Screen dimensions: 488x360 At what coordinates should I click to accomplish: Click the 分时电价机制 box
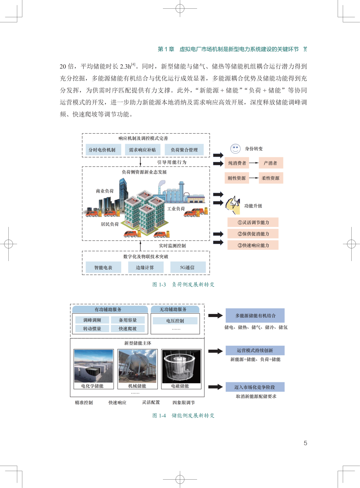pyautogui.click(x=102, y=150)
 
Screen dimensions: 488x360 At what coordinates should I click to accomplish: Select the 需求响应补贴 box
pyautogui.click(x=142, y=150)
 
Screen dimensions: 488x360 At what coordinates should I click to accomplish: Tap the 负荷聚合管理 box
pyautogui.click(x=184, y=150)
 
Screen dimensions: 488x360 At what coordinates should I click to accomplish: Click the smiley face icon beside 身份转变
pyautogui.click(x=235, y=149)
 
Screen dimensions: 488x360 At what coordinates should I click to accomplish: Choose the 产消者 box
pyautogui.click(x=270, y=163)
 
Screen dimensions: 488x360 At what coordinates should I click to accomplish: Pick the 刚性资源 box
pyautogui.click(x=237, y=178)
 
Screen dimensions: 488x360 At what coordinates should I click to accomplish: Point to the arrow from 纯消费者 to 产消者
pyautogui.click(x=254, y=163)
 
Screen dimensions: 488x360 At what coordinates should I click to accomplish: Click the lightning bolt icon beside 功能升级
pyautogui.click(x=234, y=204)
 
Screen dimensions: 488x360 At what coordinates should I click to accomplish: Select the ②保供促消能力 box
pyautogui.click(x=253, y=234)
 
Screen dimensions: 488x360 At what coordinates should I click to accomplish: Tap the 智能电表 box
pyautogui.click(x=103, y=267)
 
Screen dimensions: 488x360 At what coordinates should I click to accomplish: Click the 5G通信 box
pyautogui.click(x=187, y=267)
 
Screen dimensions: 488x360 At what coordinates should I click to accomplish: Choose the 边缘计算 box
pyautogui.click(x=145, y=267)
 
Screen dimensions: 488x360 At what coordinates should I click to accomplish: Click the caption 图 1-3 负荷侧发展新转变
pyautogui.click(x=183, y=284)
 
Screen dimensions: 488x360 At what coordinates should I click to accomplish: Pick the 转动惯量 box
pyautogui.click(x=92, y=328)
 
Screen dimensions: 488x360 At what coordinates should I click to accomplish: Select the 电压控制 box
pyautogui.click(x=175, y=321)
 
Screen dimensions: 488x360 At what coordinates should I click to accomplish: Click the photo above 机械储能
pyautogui.click(x=137, y=366)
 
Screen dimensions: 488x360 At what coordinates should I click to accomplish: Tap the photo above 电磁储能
pyautogui.click(x=181, y=366)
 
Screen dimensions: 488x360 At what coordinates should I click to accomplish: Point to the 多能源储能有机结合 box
pyautogui.click(x=255, y=315)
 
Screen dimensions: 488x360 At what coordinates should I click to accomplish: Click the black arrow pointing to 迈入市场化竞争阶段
pyautogui.click(x=215, y=387)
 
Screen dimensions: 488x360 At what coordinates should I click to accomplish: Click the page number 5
pyautogui.click(x=305, y=443)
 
